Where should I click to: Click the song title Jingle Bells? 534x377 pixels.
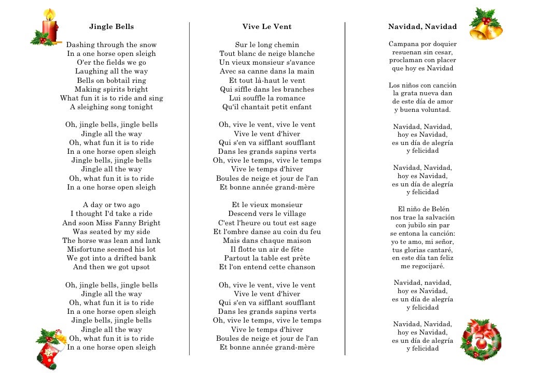(111, 27)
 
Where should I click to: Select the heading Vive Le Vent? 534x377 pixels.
(267, 27)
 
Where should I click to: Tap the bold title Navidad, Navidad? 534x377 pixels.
(423, 27)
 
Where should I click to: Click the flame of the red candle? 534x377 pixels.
(49, 13)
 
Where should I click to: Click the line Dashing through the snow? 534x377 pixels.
(111, 45)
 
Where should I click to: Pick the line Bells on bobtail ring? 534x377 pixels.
(111, 81)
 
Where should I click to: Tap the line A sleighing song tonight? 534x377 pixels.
(111, 107)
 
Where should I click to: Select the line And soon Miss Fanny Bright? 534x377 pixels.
(111, 223)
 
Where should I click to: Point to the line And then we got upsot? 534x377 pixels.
(111, 267)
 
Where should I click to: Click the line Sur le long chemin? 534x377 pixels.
(267, 45)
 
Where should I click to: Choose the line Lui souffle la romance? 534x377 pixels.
(267, 98)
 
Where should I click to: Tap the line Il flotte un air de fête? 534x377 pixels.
(267, 250)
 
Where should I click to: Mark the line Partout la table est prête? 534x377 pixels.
(267, 258)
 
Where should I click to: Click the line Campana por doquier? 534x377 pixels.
(423, 45)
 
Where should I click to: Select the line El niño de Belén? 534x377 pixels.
(423, 209)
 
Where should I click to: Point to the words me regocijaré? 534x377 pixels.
(423, 267)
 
